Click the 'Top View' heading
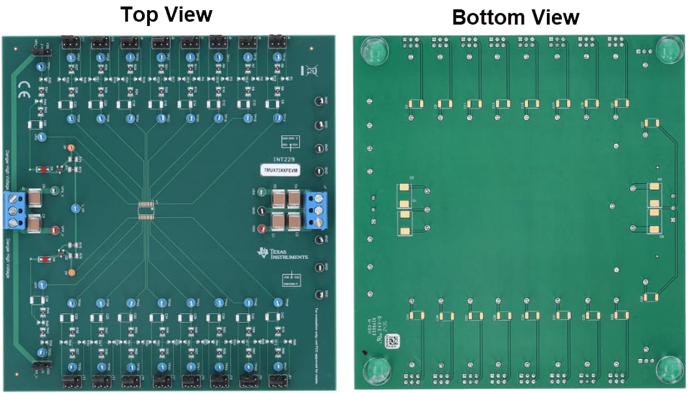tap(166, 14)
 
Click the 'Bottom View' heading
tap(515, 17)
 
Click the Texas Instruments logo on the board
tap(282, 253)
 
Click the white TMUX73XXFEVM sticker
tap(280, 169)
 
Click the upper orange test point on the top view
tap(71, 147)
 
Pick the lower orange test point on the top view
tap(71, 272)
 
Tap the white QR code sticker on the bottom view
tap(393, 341)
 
